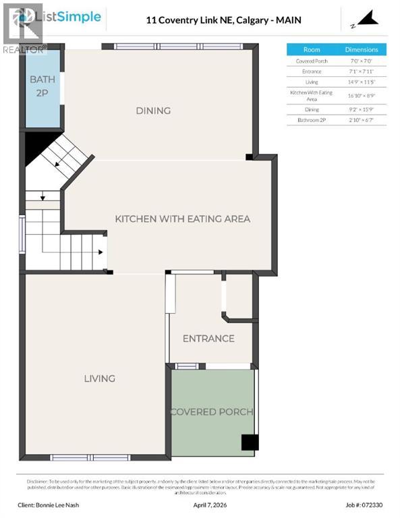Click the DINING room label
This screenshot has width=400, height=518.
click(153, 111)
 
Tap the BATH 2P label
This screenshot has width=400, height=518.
click(42, 85)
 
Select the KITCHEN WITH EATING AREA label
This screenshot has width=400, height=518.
click(182, 219)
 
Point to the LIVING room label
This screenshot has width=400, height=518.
click(99, 378)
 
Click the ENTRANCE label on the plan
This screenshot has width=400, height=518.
click(208, 339)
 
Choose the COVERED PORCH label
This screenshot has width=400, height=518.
click(211, 411)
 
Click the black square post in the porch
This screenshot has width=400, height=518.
click(250, 442)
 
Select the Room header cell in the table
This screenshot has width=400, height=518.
click(312, 49)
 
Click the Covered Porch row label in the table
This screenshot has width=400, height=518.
click(312, 61)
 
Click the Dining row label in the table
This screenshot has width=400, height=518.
click(312, 109)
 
